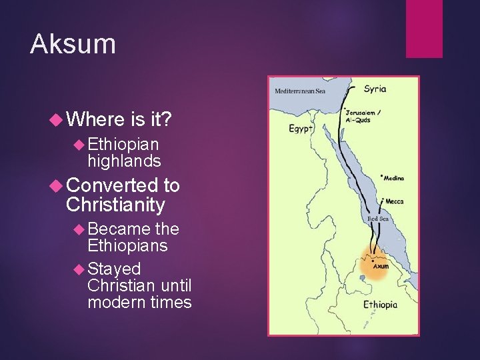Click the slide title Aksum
pos(73,44)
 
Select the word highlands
pos(124,161)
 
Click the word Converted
pos(111,186)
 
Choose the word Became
pos(119,229)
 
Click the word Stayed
pos(114,269)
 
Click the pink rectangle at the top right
pos(424,29)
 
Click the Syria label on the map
pos(375,89)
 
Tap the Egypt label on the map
pos(299,128)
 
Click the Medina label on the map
pos(393,178)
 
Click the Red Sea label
pos(379,219)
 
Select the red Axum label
pos(381,265)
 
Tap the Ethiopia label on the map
pos(380,305)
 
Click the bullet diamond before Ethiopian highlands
pos(78,144)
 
